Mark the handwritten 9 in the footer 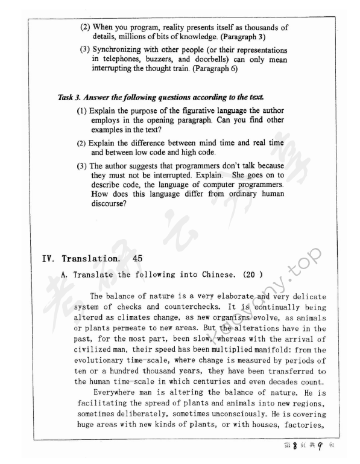331,450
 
